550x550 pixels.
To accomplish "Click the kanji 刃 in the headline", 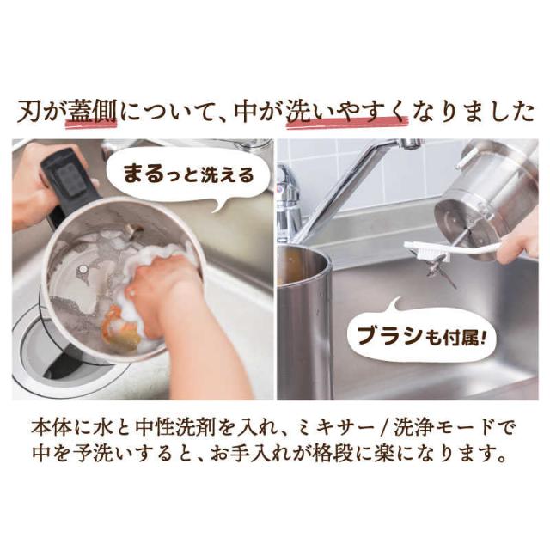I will pos(30,112).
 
